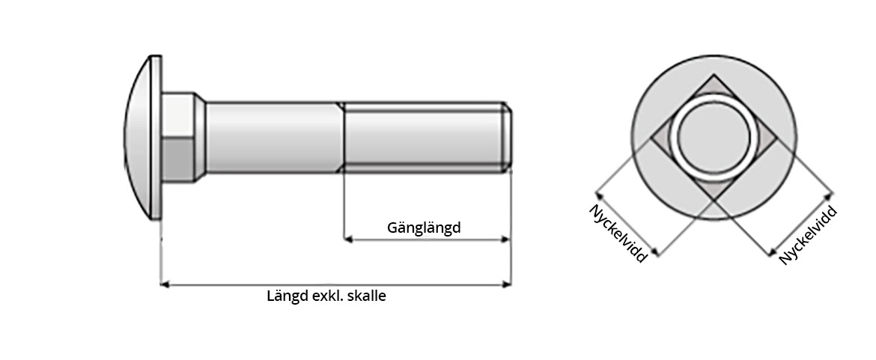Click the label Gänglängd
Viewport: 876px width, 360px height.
[x=424, y=227]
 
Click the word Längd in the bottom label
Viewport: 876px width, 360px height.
[x=287, y=296]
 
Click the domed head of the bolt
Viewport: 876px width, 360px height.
[x=139, y=137]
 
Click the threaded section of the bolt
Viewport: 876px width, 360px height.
[x=423, y=137]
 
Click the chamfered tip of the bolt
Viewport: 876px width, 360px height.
[x=508, y=137]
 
